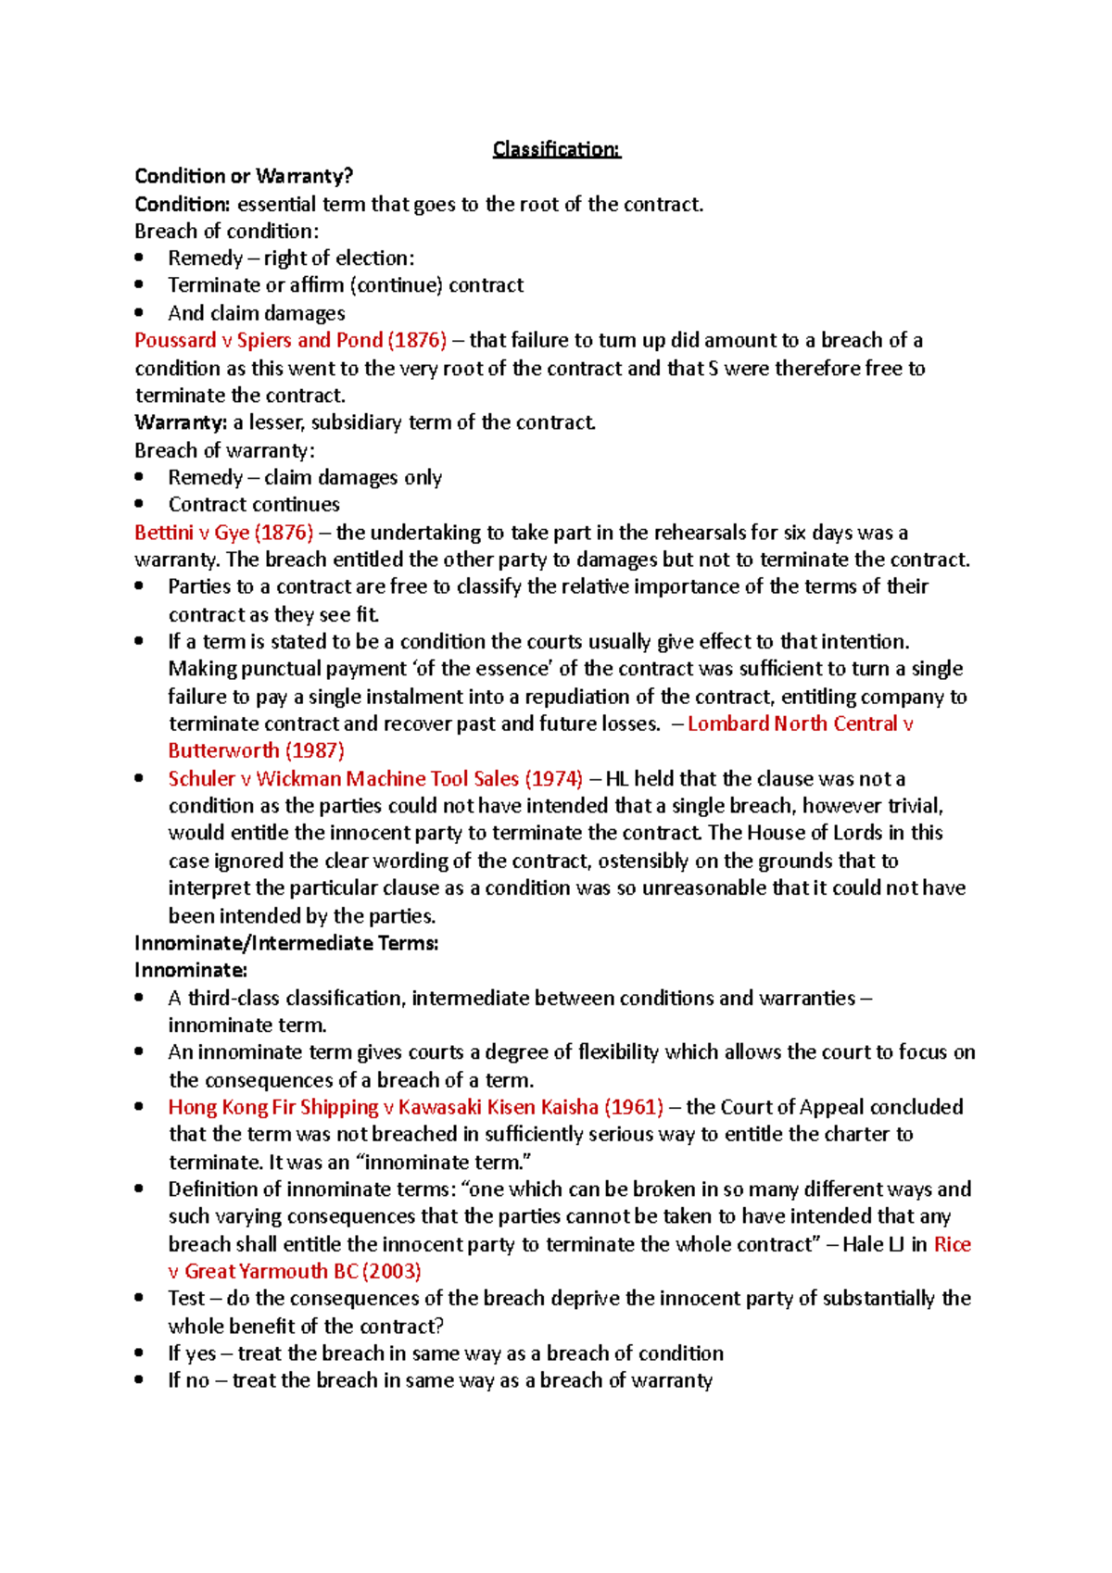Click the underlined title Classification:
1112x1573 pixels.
pos(556,149)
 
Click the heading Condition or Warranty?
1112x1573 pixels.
pos(244,176)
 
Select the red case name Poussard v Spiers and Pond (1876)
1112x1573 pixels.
pos(290,340)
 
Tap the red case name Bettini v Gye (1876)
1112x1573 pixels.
pos(223,533)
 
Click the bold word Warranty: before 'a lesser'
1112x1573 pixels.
pos(181,422)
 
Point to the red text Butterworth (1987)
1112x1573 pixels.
pos(256,750)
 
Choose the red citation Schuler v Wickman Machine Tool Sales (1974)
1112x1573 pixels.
pos(375,778)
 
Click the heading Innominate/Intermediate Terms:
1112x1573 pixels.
pos(285,943)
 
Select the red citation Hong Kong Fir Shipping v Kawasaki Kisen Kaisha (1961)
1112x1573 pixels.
pos(415,1107)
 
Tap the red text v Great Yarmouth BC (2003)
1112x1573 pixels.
pos(295,1271)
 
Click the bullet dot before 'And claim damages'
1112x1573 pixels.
pos(139,313)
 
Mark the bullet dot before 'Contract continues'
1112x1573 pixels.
pos(139,505)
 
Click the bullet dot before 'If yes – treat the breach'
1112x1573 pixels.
pos(139,1353)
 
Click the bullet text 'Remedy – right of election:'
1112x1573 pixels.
pos(291,258)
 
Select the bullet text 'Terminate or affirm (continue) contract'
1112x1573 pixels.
pos(346,285)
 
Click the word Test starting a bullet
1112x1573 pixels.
pos(186,1298)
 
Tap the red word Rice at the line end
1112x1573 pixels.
pos(952,1244)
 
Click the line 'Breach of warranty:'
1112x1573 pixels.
pos(224,450)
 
